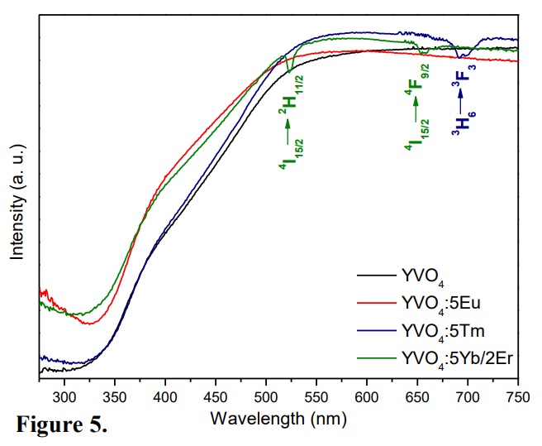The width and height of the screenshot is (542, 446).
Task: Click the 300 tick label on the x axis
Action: tap(64, 396)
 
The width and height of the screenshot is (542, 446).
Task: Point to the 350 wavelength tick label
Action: tap(115, 396)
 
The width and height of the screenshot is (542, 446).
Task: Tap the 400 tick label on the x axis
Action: tap(165, 396)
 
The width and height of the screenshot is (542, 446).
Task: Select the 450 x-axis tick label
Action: tap(216, 396)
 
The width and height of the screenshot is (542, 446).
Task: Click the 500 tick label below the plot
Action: tap(266, 396)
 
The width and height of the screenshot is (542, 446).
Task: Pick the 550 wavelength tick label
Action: tap(316, 396)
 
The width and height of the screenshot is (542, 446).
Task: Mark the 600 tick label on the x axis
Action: tap(367, 396)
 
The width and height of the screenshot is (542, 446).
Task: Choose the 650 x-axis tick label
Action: tap(417, 396)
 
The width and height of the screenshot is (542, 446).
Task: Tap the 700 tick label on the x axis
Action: tap(468, 396)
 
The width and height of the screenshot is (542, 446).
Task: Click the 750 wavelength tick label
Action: tap(517, 396)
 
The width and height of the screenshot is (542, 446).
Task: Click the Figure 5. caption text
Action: tap(62, 429)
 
